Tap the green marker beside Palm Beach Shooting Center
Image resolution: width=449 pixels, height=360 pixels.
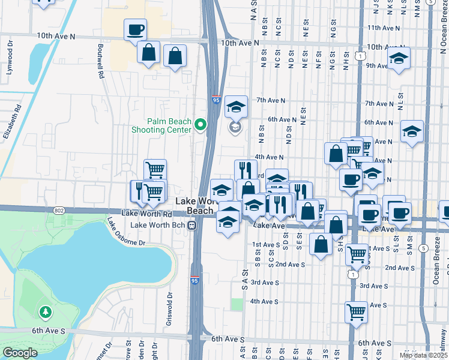coord(200,125)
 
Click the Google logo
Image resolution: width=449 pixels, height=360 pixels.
coord(20,353)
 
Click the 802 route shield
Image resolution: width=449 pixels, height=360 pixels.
coord(58,210)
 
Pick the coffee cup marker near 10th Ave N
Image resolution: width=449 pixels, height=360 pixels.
coord(135,29)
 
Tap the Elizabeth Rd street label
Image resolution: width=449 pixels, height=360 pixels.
coord(13,122)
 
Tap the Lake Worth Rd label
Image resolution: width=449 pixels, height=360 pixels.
coord(146,214)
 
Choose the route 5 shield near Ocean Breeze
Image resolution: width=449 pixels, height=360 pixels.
coord(424,248)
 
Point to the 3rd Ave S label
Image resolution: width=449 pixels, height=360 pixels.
coord(264,282)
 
